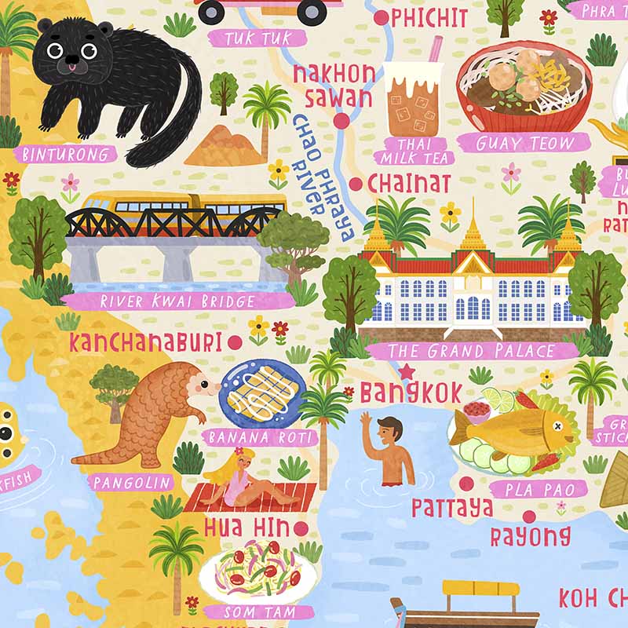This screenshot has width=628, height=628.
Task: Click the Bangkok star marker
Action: pyautogui.click(x=407, y=371)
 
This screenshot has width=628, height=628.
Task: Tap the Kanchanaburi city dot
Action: pyautogui.click(x=234, y=341)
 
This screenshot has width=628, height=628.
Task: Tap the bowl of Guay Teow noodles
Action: pyautogui.click(x=524, y=88)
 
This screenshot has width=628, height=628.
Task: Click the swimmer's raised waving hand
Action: pyautogui.click(x=366, y=421)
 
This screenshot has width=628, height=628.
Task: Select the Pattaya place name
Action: pyautogui.click(x=452, y=508)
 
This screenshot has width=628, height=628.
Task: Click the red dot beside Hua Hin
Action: pyautogui.click(x=301, y=528)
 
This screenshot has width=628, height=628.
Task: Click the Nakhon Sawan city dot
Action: pyautogui.click(x=341, y=121)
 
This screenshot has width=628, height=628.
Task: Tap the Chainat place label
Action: pyautogui.click(x=409, y=184)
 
